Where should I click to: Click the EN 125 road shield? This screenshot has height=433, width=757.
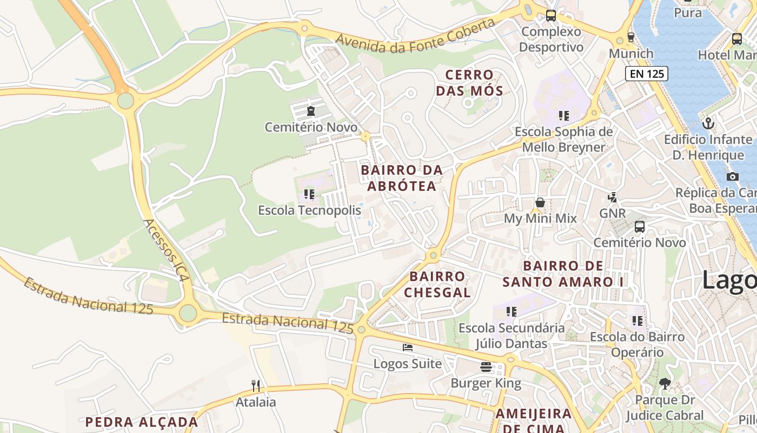click(x=646, y=74)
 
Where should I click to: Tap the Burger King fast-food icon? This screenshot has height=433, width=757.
click(x=486, y=367)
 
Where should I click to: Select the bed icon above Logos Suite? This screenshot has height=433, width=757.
click(x=408, y=347)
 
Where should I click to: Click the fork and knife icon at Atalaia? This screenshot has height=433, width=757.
click(x=256, y=385)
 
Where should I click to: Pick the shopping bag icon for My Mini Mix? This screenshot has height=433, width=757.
click(x=540, y=202)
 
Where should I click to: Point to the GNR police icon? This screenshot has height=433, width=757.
click(x=612, y=197)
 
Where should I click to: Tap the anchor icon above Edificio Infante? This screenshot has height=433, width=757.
click(x=708, y=123)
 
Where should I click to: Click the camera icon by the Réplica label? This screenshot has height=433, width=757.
click(x=732, y=176)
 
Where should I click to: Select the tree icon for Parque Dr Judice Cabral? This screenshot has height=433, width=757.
click(x=665, y=384)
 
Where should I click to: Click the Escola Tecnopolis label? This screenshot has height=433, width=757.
click(x=309, y=210)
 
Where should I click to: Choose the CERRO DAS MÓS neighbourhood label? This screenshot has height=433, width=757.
click(x=469, y=82)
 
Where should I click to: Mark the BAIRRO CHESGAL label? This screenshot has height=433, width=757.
click(x=437, y=284)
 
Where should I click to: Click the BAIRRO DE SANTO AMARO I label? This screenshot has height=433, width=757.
click(x=563, y=274)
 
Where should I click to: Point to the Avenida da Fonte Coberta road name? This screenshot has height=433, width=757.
click(x=415, y=37)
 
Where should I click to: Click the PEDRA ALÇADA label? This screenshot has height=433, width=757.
click(x=142, y=422)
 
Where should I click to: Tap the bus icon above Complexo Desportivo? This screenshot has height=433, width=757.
click(x=550, y=16)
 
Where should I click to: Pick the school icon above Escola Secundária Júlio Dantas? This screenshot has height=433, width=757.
click(x=511, y=312)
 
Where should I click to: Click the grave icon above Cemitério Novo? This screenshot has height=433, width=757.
click(x=311, y=111)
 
